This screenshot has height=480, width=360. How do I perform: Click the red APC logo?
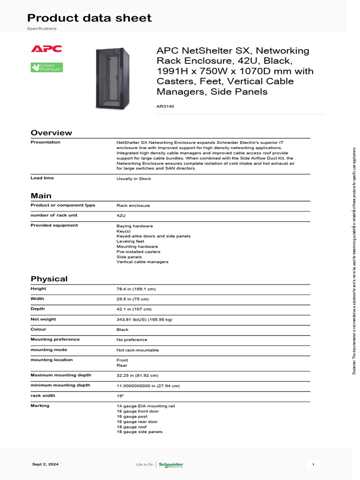pyautogui.click(x=46, y=49)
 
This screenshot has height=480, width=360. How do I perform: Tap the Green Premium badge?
pyautogui.click(x=46, y=67)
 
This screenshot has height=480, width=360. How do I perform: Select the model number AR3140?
pyautogui.click(x=165, y=106)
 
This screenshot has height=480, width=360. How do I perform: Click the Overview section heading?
pyautogui.click(x=51, y=133)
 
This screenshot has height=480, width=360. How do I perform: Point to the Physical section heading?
pyautogui.click(x=49, y=279)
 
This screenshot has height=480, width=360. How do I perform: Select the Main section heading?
pyautogui.click(x=41, y=195)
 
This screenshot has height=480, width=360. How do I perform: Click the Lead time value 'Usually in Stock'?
pyautogui.click(x=134, y=179)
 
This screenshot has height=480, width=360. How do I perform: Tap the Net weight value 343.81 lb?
pyautogui.click(x=144, y=319)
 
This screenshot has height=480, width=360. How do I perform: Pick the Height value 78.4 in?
pyautogui.click(x=136, y=289)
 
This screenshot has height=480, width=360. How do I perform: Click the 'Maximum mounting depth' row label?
pyautogui.click(x=60, y=375)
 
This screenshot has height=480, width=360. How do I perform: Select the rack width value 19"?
pyautogui.click(x=120, y=396)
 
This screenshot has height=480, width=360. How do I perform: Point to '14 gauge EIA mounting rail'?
pyautogui.click(x=145, y=406)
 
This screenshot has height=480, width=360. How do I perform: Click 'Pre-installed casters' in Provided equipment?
pyautogui.click(x=138, y=252)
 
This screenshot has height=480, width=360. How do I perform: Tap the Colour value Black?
pyautogui.click(x=122, y=330)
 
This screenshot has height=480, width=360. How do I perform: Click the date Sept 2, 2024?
pyautogui.click(x=45, y=464)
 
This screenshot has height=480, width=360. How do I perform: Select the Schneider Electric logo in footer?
pyautogui.click(x=171, y=465)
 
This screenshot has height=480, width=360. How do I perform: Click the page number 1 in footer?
pyautogui.click(x=313, y=464)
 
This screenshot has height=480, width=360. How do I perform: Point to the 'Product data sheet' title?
pyautogui.click(x=89, y=18)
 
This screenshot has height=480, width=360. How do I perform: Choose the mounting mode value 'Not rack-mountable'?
pyautogui.click(x=137, y=350)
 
